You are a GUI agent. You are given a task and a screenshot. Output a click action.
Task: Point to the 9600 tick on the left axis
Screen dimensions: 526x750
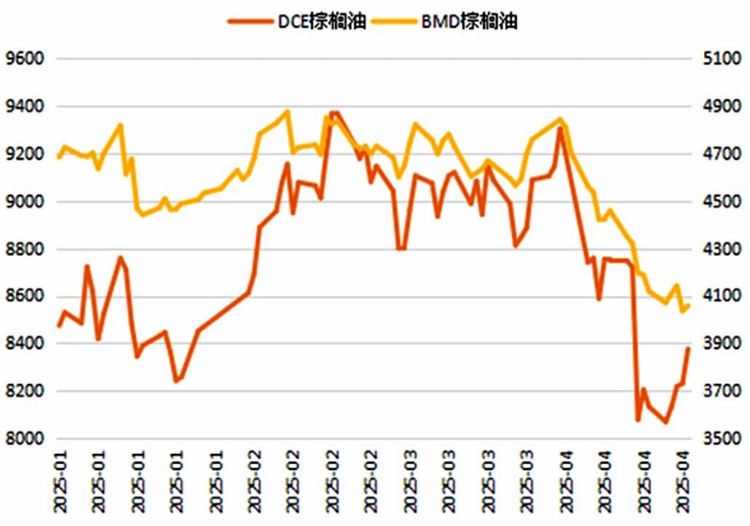point(25,58)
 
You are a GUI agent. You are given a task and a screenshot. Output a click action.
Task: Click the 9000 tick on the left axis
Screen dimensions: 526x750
point(25,202)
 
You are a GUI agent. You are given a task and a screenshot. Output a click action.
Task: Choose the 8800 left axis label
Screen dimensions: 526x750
point(25,250)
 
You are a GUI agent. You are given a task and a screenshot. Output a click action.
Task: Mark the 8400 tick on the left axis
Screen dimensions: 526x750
point(25,343)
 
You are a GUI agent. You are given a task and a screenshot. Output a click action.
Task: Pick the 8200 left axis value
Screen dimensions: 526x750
point(25,391)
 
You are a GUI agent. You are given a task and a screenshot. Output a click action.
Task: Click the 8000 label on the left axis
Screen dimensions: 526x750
point(25,439)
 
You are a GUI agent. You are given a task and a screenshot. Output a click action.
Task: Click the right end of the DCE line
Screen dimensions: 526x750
point(688,348)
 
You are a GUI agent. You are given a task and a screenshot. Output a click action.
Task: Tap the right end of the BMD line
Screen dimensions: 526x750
point(688,306)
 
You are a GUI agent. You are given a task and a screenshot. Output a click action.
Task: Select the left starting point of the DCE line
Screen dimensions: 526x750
point(58,326)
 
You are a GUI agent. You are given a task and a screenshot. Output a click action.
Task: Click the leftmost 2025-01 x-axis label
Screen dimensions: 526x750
point(60,484)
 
